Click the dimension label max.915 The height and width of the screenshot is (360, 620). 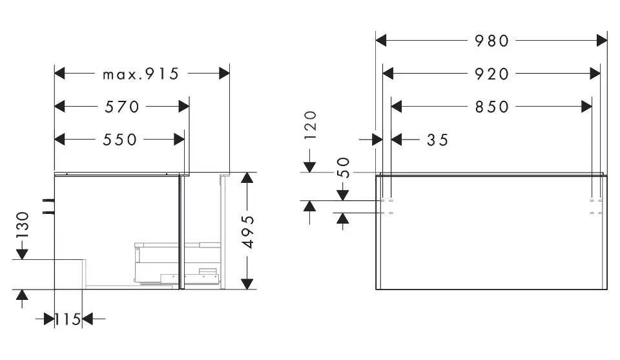point(141,74)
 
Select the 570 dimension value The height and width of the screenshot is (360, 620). point(122,106)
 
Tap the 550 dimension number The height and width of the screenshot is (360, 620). point(120,139)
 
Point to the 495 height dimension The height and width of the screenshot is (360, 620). point(248,231)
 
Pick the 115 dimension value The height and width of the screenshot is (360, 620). point(68,319)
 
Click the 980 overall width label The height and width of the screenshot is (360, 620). point(492,41)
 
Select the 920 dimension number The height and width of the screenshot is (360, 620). point(492,74)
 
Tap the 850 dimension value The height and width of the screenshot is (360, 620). point(492,106)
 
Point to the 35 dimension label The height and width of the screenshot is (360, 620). point(437,139)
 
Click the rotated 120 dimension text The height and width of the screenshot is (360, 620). point(311,125)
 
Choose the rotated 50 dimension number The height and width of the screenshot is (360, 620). point(343,167)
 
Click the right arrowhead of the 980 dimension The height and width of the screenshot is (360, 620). point(602,41)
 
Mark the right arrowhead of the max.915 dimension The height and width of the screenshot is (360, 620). point(224,74)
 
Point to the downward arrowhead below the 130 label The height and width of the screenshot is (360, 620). point(22,254)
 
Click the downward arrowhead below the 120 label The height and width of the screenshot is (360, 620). point(311,167)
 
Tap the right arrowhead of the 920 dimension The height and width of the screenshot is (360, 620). point(595,74)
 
